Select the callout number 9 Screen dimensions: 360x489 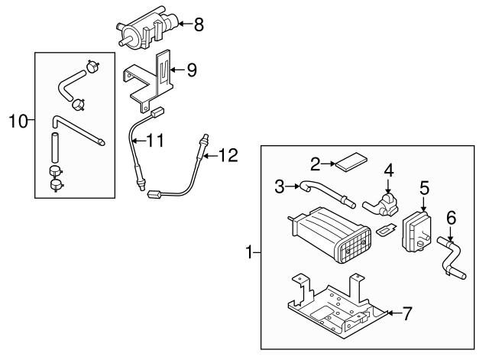[x=191, y=70]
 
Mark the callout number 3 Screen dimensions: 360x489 [x=280, y=185]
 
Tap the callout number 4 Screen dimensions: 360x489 [x=388, y=170]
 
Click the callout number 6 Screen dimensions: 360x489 [x=451, y=218]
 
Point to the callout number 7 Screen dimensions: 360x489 [x=407, y=313]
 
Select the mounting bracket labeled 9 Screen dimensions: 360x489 [x=153, y=80]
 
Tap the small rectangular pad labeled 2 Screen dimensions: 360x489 [x=352, y=163]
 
